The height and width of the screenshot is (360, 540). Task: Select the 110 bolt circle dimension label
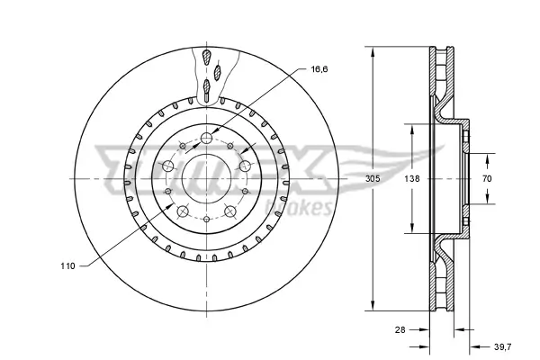[68, 266]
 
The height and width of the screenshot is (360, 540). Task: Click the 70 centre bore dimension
[487, 179]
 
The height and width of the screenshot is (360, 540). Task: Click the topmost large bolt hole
[207, 138]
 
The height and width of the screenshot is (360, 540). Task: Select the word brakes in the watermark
[305, 211]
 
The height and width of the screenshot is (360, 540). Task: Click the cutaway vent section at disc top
[209, 72]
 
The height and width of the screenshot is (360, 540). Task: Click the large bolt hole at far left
[169, 166]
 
